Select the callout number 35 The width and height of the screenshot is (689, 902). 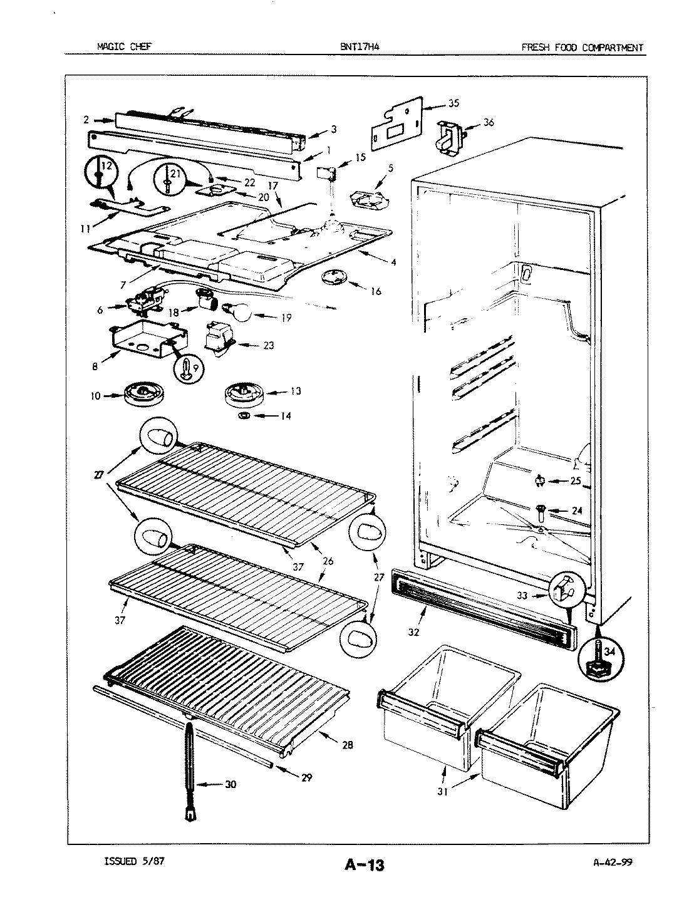(x=453, y=103)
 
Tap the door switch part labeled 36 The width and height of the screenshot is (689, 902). (x=451, y=136)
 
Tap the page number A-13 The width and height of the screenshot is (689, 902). (x=364, y=866)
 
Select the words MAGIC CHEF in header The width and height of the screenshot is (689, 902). (x=123, y=46)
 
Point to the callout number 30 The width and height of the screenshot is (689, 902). (x=231, y=784)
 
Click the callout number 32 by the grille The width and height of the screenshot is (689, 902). (x=413, y=632)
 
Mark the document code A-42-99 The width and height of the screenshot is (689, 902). (x=613, y=861)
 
